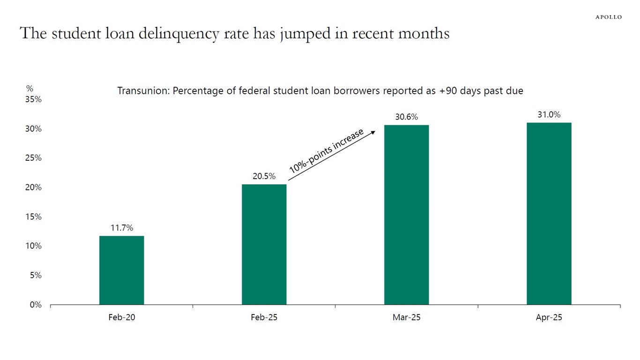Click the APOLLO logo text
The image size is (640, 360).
[x=609, y=17]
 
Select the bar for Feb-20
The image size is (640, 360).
[x=121, y=270]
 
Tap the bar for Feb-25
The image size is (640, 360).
[x=264, y=244]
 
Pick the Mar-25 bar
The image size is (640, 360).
[x=406, y=215]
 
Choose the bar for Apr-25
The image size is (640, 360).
[x=549, y=213]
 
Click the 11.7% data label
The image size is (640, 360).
[x=122, y=228]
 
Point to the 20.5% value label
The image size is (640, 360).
[x=264, y=177]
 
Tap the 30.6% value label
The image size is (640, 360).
[x=407, y=117]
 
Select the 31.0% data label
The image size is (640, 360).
[x=549, y=115]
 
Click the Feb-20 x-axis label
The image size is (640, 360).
[x=121, y=317]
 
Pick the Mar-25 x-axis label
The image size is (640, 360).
[x=406, y=317]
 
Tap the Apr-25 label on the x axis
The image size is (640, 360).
[x=549, y=317]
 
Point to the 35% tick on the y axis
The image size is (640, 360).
[x=34, y=99]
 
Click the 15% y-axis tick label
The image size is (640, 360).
[x=34, y=217]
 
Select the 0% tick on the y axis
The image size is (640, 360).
[x=36, y=305]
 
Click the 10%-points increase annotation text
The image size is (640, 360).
[x=326, y=151]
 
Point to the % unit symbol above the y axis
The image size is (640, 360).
[x=30, y=88]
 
